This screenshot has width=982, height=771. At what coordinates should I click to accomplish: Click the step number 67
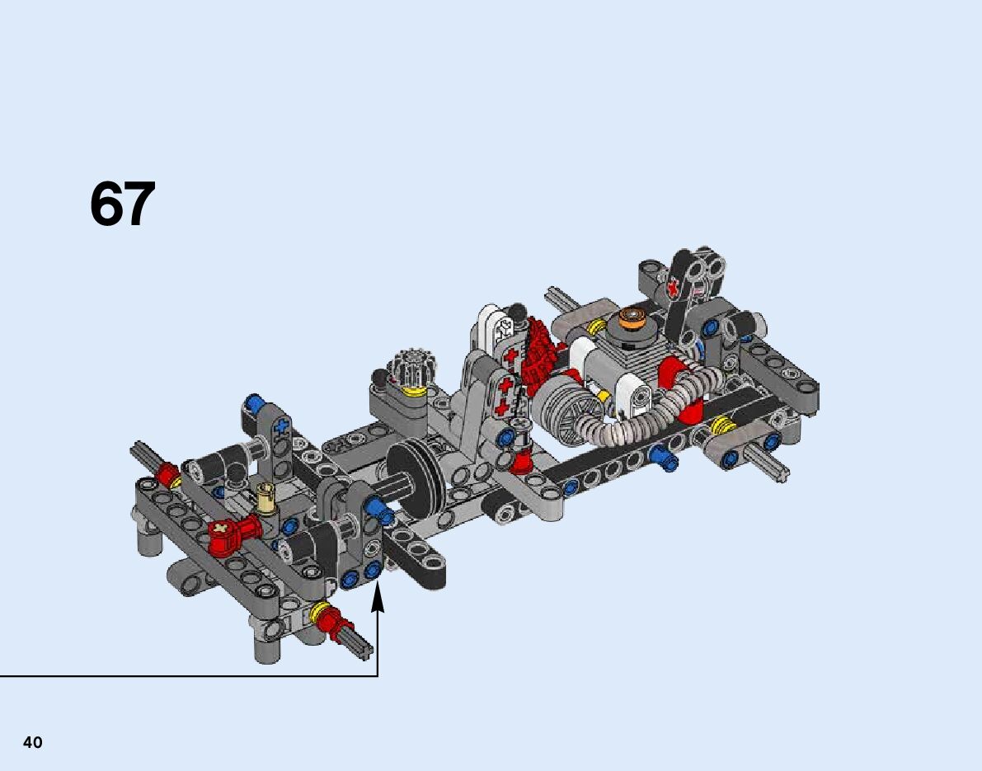coord(122,204)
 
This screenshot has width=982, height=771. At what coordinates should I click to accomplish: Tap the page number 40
coord(32,742)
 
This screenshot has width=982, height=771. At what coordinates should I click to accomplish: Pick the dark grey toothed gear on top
coord(411,365)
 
